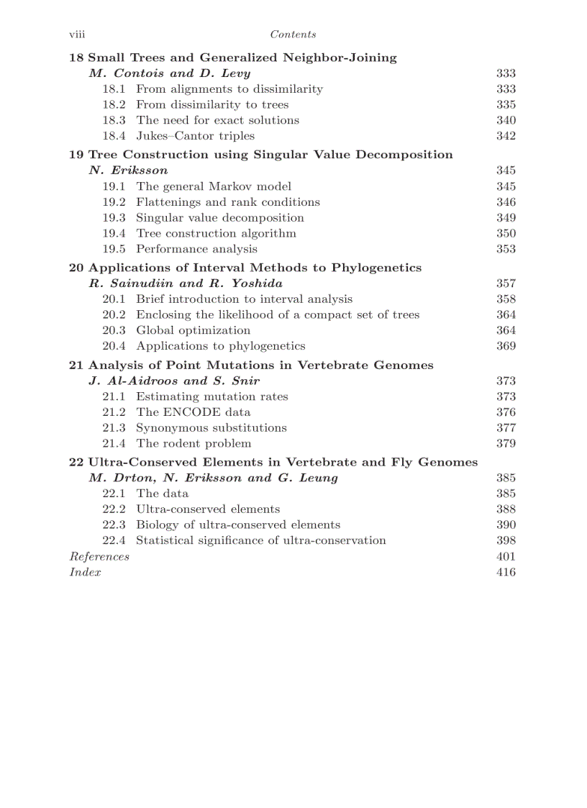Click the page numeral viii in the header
click(x=76, y=35)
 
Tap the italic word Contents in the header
click(x=293, y=35)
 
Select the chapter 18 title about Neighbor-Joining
click(x=232, y=58)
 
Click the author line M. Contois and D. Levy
click(x=170, y=73)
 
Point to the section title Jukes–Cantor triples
click(x=195, y=136)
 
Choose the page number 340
click(x=506, y=120)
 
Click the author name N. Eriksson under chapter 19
click(x=128, y=171)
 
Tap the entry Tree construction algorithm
click(x=216, y=233)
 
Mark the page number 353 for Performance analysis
click(x=506, y=249)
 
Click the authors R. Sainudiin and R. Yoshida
click(x=186, y=283)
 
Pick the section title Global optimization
click(x=193, y=330)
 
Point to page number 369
click(x=506, y=346)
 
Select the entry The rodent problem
click(x=194, y=443)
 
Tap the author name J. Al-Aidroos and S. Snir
click(x=174, y=381)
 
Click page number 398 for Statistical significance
click(x=506, y=540)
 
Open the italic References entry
click(x=99, y=556)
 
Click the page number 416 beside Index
click(x=506, y=572)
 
